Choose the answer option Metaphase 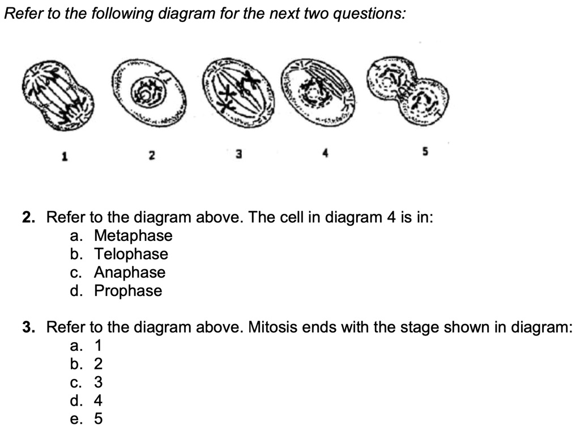(x=133, y=235)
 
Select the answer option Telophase (x=131, y=254)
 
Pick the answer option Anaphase (x=130, y=273)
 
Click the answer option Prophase (x=128, y=291)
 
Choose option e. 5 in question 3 (x=98, y=419)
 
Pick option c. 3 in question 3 (x=98, y=382)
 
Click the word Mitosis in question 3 (x=268, y=327)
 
